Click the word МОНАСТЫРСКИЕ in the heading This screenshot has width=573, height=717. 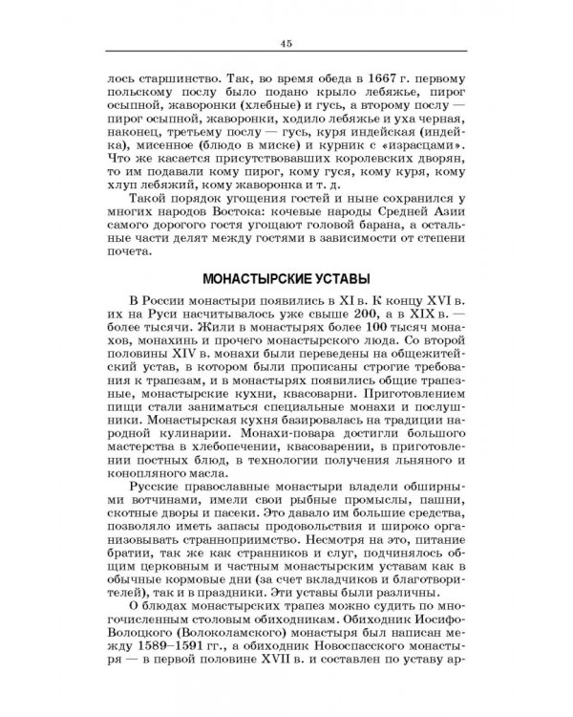251,278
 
